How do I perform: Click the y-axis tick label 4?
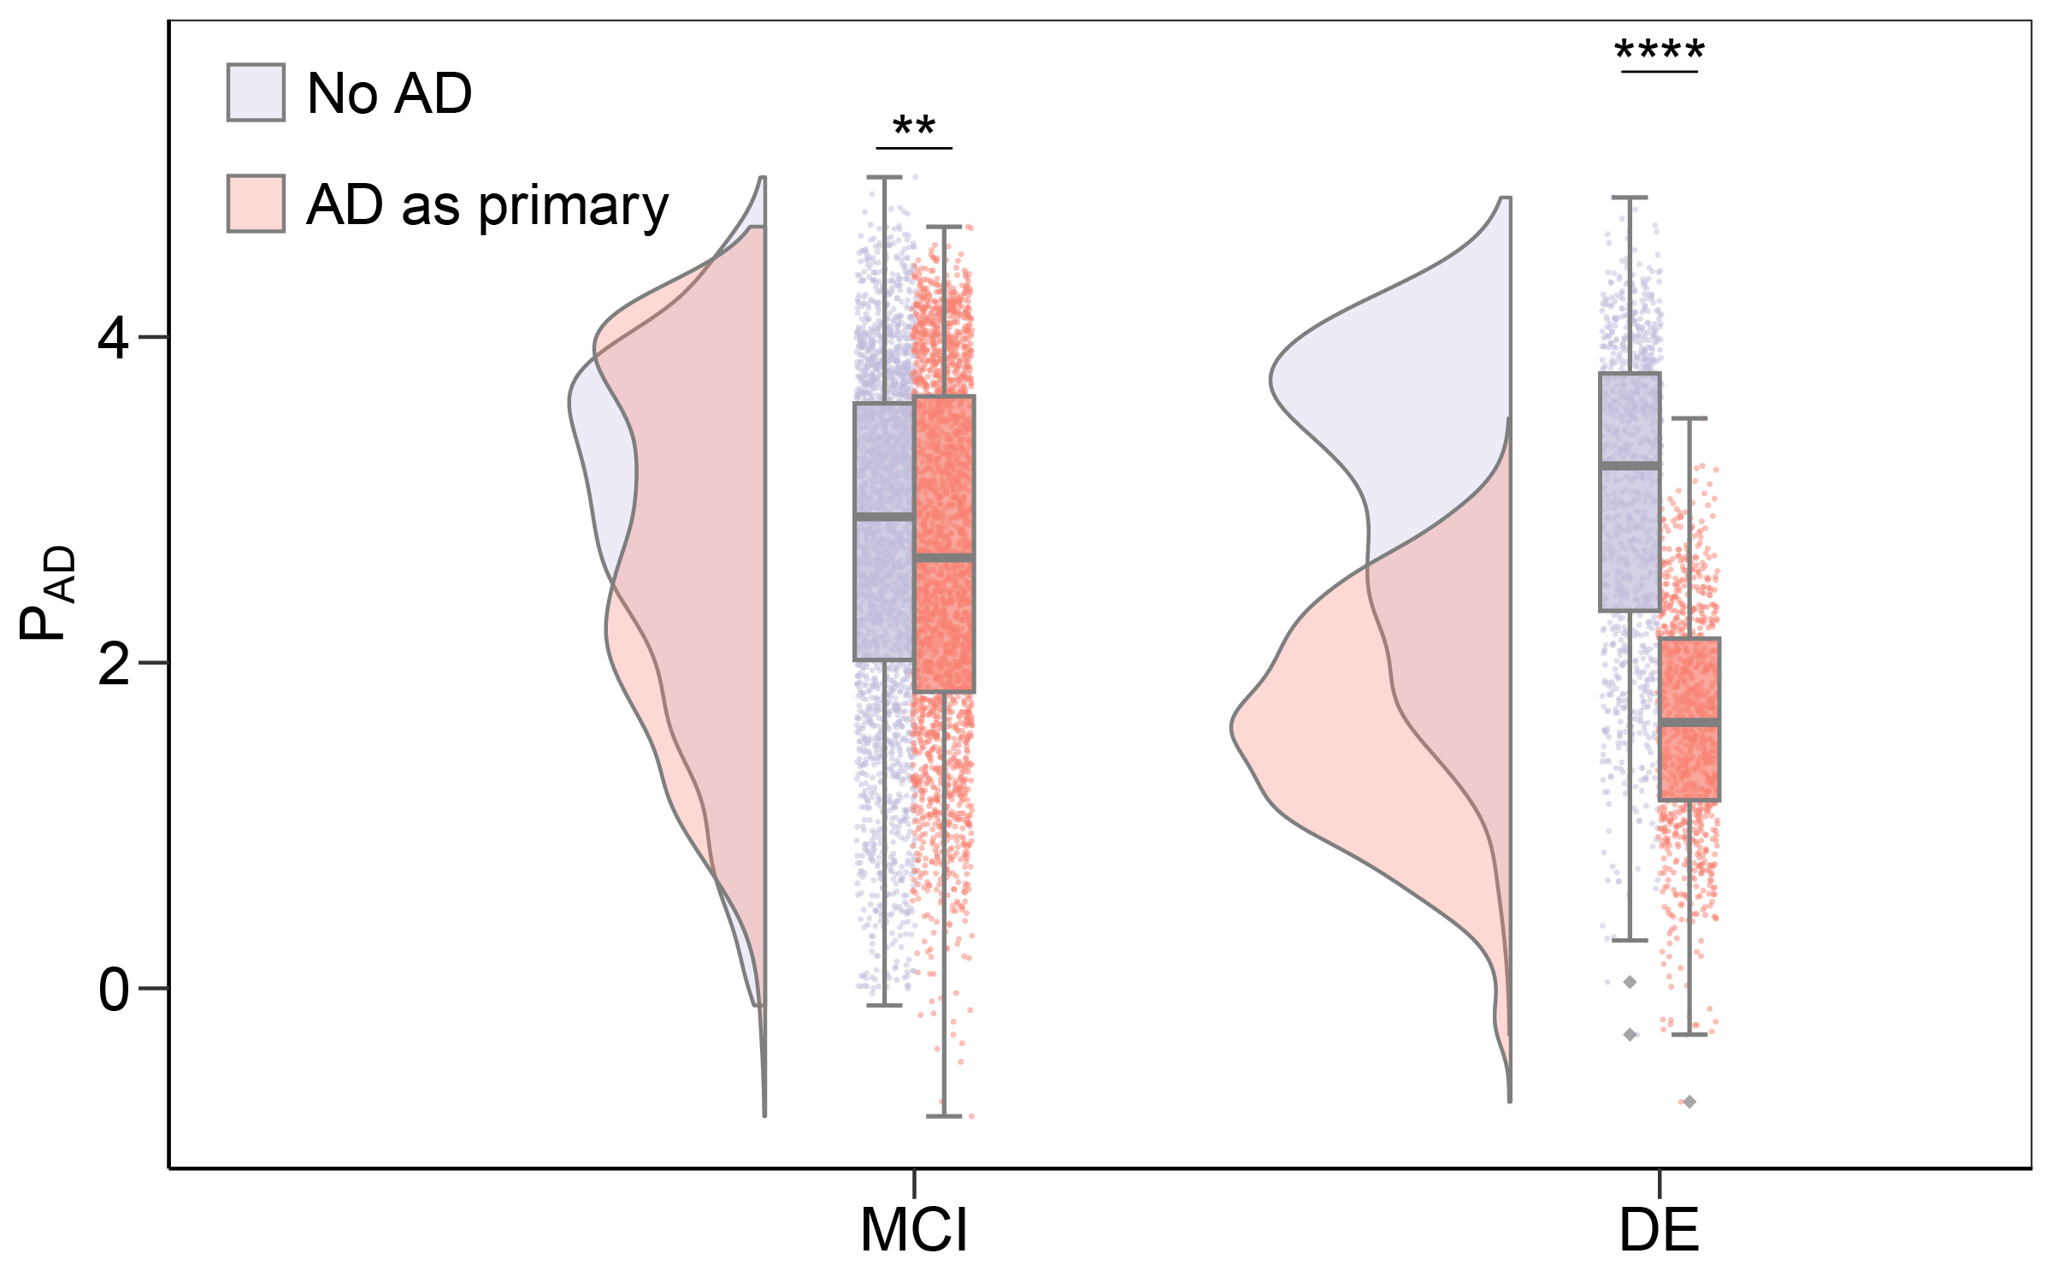(x=113, y=339)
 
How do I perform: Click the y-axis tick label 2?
(x=113, y=665)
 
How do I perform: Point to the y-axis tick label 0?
(x=113, y=990)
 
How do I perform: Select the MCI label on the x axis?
(x=914, y=1231)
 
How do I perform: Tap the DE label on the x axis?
(x=1659, y=1231)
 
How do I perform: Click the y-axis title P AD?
(x=48, y=593)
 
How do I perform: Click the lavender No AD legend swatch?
(x=256, y=92)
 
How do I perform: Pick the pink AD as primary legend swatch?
(x=256, y=204)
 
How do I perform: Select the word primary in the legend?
(x=573, y=207)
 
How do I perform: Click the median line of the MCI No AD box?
(x=884, y=517)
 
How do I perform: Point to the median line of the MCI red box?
(x=944, y=558)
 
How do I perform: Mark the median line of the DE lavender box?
(x=1630, y=465)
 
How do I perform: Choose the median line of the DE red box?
(x=1689, y=723)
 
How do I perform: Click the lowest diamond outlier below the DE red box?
(x=1689, y=1102)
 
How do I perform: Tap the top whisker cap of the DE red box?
(x=1689, y=419)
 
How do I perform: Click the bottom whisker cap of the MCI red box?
(x=944, y=1116)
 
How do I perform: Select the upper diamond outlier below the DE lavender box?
(x=1630, y=982)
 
